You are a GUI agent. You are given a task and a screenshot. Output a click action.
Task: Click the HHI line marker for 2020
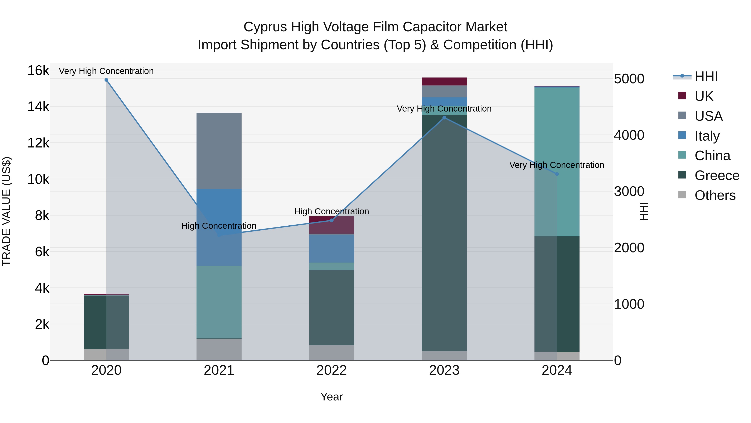click(106, 80)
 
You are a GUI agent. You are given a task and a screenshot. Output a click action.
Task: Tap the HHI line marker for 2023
click(444, 118)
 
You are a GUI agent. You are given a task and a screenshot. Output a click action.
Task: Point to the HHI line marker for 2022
click(331, 220)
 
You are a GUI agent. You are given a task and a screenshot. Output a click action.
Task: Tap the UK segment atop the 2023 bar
click(444, 81)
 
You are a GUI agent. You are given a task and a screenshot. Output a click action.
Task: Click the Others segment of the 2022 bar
click(331, 353)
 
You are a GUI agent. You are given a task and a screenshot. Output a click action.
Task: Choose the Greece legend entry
click(717, 175)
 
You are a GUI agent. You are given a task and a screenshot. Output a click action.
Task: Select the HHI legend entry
click(706, 76)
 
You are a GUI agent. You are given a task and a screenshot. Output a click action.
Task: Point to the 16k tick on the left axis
click(38, 70)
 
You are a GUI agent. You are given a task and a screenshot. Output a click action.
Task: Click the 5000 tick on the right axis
click(629, 79)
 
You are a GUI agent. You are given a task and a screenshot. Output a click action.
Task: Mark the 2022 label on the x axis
click(331, 370)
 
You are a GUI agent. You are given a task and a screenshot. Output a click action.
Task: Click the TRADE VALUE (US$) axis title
click(6, 211)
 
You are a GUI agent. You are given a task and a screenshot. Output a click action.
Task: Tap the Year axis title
click(331, 397)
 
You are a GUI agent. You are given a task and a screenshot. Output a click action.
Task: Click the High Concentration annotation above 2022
click(331, 211)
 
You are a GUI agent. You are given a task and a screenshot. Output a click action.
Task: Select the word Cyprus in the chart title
click(265, 27)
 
